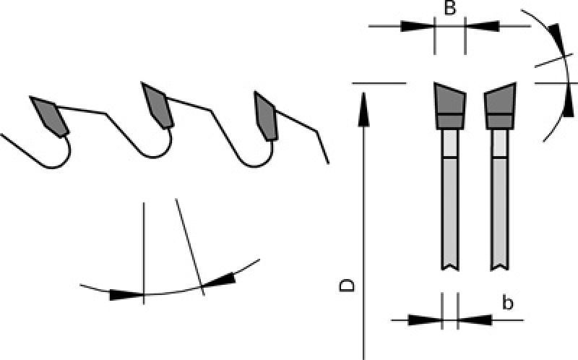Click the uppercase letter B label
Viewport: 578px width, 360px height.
click(x=449, y=8)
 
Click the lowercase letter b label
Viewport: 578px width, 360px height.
click(x=508, y=303)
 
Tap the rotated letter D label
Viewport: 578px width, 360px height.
click(x=347, y=286)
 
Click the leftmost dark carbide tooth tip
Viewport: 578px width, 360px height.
click(x=49, y=116)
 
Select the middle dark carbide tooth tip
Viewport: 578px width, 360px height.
click(x=158, y=105)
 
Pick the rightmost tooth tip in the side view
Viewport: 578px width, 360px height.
click(x=265, y=116)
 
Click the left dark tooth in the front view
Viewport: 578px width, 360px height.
click(x=449, y=106)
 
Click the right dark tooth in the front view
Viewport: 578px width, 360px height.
click(x=500, y=106)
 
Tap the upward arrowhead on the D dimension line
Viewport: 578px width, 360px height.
click(x=364, y=109)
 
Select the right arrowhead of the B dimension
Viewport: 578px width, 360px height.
click(x=482, y=27)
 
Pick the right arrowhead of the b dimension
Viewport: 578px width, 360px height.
click(x=475, y=320)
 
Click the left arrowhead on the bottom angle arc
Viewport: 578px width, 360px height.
click(x=126, y=295)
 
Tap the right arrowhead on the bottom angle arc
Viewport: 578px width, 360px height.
click(x=219, y=280)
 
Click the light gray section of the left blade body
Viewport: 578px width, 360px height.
click(x=449, y=144)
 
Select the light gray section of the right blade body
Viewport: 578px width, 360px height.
click(x=500, y=144)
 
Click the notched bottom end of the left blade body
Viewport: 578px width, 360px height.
click(x=449, y=265)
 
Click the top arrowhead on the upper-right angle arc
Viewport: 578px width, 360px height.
click(x=556, y=40)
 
